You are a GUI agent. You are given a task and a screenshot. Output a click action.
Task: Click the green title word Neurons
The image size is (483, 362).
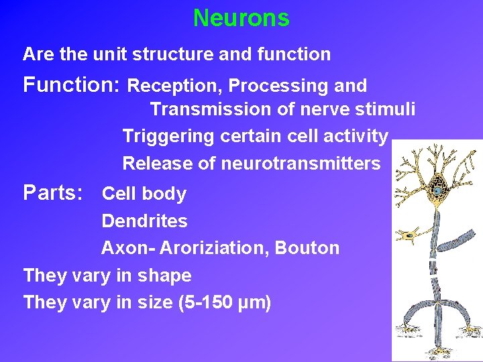click(241, 18)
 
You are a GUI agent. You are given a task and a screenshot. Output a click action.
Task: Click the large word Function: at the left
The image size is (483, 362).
click(71, 85)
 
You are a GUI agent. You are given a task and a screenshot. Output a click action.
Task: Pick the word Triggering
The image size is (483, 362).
click(168, 136)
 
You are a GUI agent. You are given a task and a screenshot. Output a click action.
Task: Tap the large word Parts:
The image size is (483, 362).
click(53, 193)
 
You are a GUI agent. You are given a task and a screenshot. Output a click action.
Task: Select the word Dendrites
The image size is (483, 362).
click(144, 221)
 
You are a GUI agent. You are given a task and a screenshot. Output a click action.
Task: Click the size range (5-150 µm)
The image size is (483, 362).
click(225, 303)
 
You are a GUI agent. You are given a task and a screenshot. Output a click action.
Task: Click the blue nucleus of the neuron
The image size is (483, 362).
click(437, 190)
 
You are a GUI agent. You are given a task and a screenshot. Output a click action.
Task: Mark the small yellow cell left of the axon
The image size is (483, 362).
click(409, 235)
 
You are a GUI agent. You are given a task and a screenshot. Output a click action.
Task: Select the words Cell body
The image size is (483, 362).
click(144, 194)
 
